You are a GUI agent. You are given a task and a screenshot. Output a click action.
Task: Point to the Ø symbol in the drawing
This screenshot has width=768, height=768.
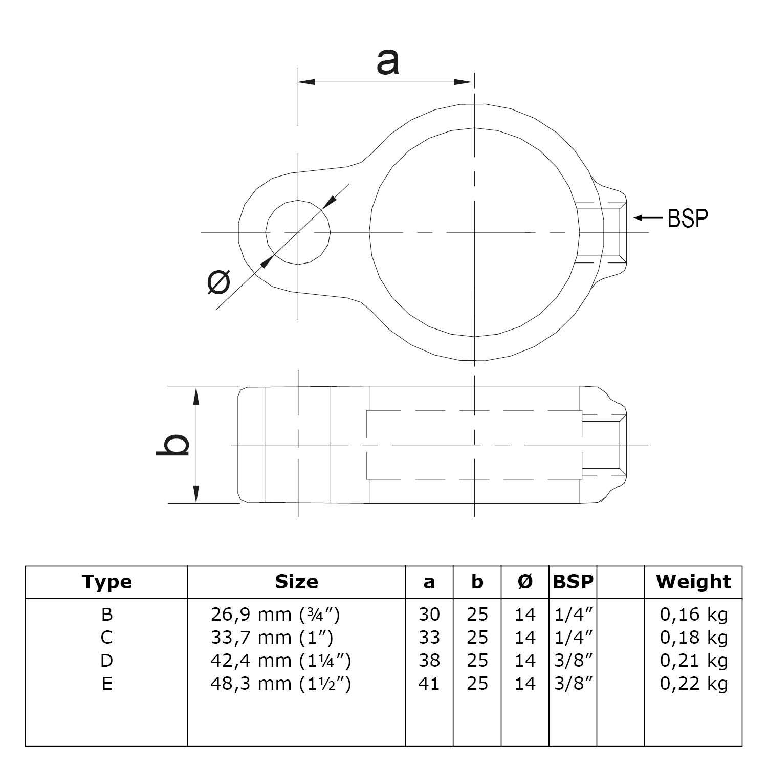tap(219, 282)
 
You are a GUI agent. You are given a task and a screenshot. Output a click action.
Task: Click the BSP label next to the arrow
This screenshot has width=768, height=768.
tap(688, 218)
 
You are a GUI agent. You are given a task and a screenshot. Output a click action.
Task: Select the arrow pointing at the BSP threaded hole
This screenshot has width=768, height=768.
tap(648, 218)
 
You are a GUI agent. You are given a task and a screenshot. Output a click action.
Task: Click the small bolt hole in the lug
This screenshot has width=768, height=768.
tap(298, 232)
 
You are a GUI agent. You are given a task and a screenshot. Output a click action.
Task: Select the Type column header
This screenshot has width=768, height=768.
tap(106, 582)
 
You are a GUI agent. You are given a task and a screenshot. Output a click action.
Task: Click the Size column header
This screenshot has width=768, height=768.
tap(296, 582)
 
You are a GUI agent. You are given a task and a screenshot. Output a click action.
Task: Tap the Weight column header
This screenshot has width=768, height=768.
tap(693, 582)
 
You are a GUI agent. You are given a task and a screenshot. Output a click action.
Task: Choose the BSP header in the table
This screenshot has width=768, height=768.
tap(573, 582)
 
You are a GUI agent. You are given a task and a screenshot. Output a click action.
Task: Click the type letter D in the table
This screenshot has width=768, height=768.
tap(106, 661)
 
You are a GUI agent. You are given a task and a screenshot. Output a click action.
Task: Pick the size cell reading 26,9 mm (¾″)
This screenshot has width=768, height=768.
tap(275, 614)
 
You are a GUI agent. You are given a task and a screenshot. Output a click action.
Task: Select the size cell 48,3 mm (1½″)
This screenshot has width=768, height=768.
tap(280, 684)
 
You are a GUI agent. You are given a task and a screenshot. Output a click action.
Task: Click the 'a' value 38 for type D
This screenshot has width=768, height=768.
tap(429, 661)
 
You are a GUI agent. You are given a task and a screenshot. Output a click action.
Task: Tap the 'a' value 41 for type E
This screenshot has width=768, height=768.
tap(429, 684)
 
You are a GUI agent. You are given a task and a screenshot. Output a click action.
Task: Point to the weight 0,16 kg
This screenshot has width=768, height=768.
tap(693, 614)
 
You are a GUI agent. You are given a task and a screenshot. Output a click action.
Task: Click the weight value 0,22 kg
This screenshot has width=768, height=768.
tap(693, 684)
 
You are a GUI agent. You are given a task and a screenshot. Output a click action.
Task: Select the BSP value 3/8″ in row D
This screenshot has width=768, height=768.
tap(573, 661)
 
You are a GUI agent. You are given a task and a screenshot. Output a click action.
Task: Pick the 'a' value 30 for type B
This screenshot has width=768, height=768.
tap(429, 614)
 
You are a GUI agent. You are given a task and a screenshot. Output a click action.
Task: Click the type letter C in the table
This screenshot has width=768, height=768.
tap(106, 638)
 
